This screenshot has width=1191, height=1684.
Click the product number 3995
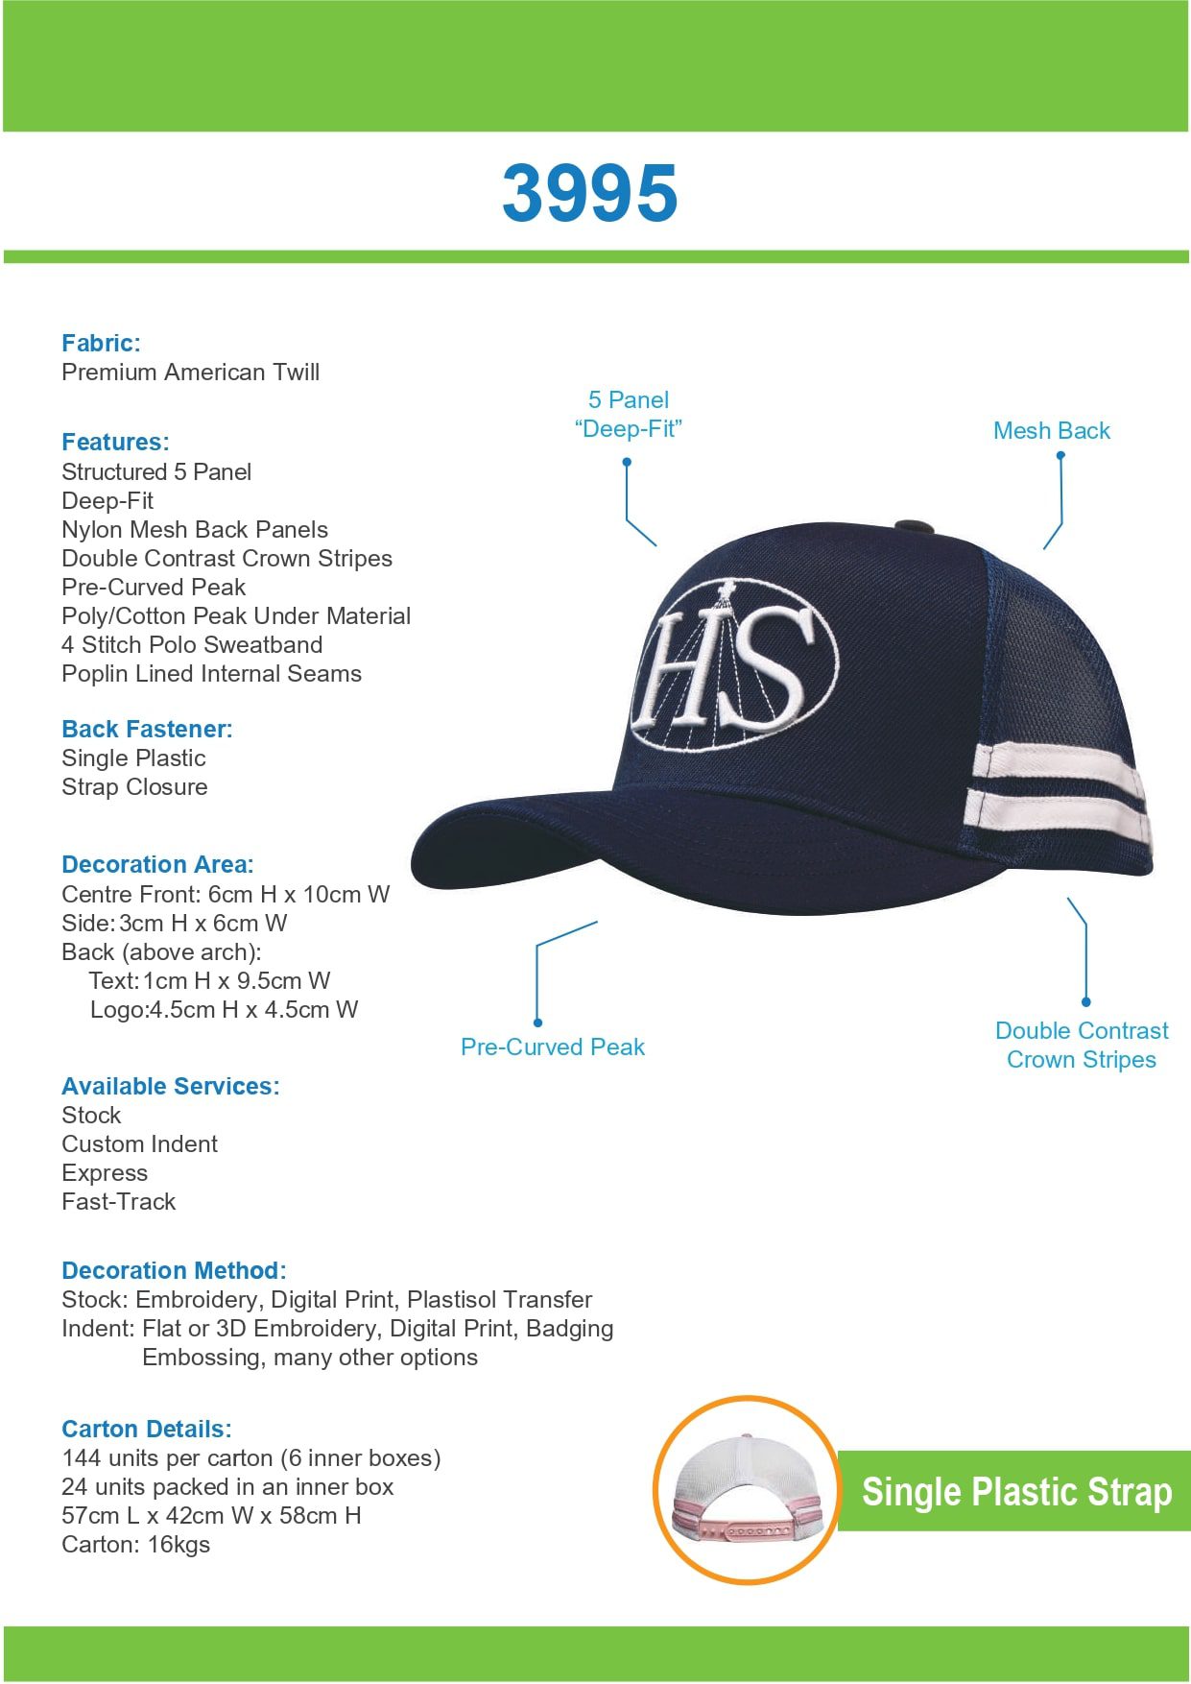point(589,193)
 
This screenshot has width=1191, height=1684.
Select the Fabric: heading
point(101,343)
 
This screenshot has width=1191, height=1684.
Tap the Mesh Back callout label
point(1051,430)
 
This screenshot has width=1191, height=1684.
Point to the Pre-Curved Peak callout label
point(552,1046)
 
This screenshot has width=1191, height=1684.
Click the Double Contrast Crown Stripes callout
point(1082,1045)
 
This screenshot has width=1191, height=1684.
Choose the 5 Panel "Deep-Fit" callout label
point(628,414)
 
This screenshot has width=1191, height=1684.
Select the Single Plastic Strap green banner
point(1015,1491)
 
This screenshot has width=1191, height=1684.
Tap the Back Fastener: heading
point(147,729)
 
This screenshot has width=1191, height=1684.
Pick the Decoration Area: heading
point(157,864)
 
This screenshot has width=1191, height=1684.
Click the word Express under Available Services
point(105,1172)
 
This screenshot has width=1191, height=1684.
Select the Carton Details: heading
point(146,1429)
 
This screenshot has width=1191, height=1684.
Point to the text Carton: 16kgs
point(135,1544)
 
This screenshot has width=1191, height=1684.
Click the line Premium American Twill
point(190,372)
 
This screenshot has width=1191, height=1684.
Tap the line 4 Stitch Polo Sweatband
point(192,644)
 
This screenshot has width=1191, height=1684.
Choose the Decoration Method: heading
point(174,1270)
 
